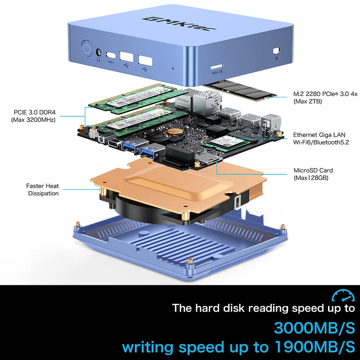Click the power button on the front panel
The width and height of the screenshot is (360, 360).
point(87,49)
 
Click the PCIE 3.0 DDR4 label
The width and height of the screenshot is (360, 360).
point(33,116)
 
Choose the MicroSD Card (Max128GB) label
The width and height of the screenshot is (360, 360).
point(313,174)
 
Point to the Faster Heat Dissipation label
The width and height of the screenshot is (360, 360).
point(42,189)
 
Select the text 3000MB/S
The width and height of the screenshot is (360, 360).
point(314,328)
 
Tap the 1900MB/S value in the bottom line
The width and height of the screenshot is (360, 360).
point(315,346)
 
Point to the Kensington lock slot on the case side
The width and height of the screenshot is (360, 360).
point(276,51)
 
